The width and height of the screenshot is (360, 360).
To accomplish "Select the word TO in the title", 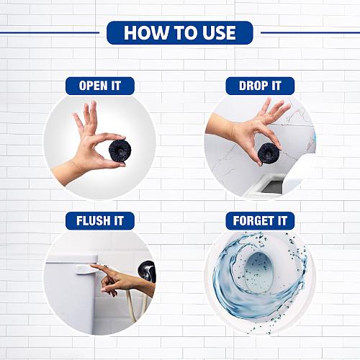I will point(183,32).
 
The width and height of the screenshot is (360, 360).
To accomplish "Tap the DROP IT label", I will point(260,86).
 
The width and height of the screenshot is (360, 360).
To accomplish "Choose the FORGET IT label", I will point(260,220).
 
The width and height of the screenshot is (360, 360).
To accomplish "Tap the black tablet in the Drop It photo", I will point(269,153).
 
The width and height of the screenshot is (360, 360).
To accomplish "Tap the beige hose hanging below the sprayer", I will point(132,306).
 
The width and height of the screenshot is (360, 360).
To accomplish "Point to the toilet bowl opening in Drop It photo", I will point(271,186).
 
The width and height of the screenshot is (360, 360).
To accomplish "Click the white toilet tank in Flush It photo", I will point(68,295).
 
